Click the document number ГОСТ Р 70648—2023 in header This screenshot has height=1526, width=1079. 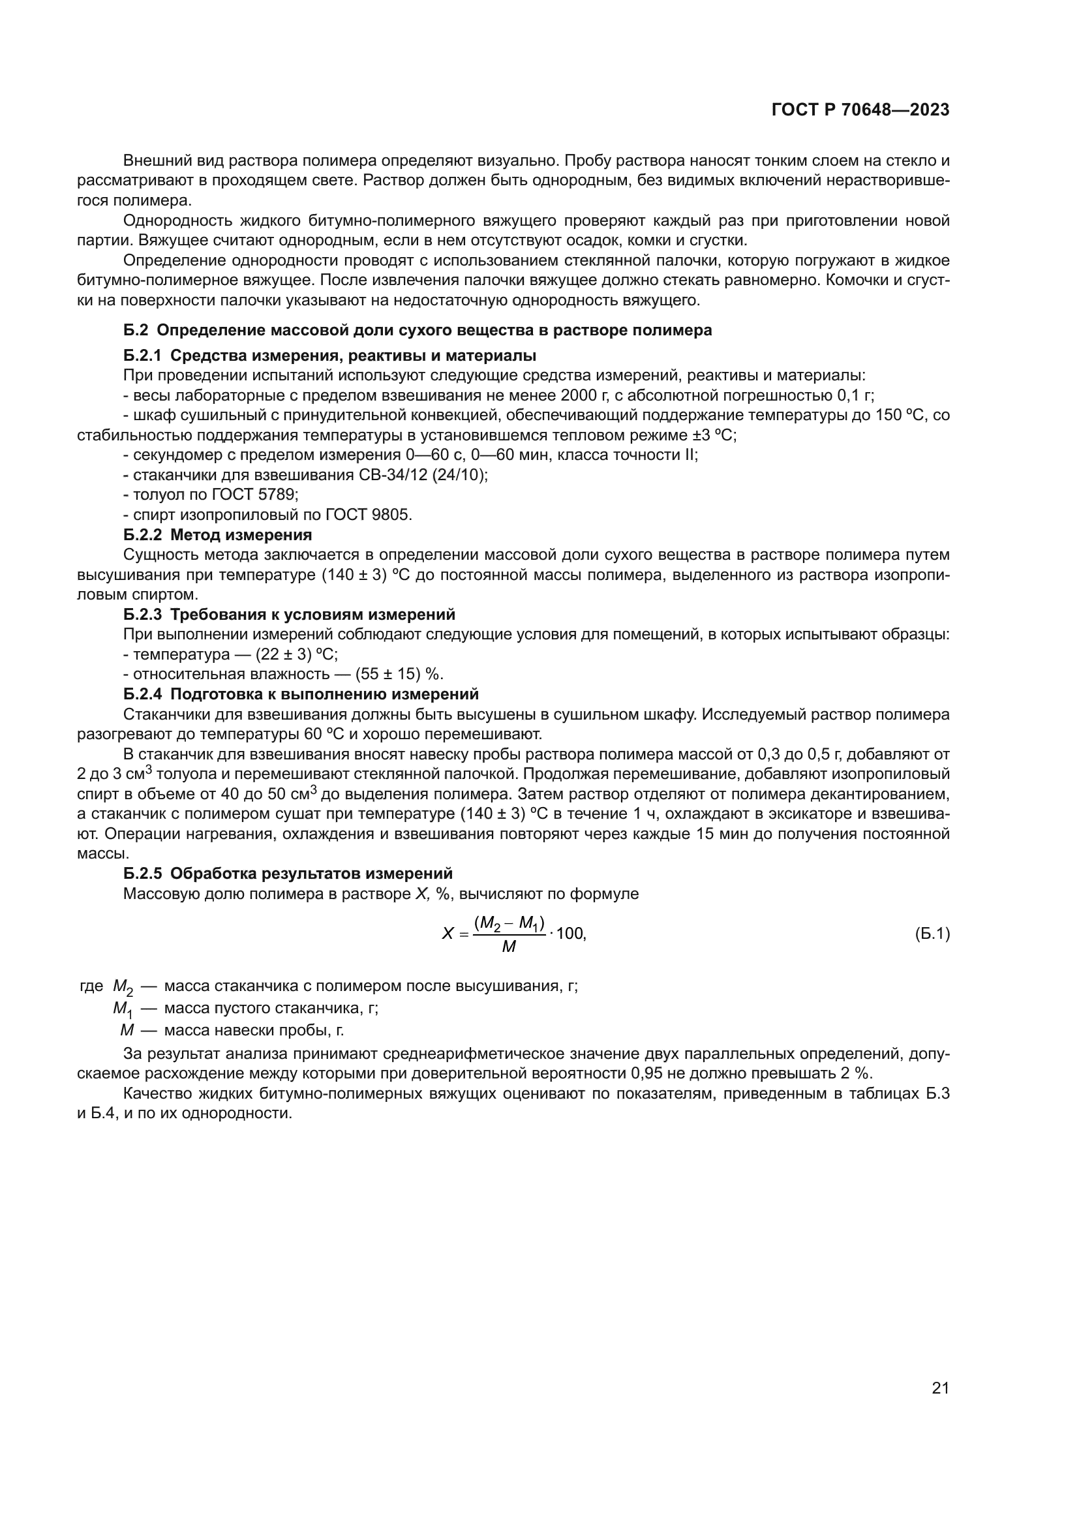point(860,110)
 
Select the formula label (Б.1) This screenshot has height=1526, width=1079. point(932,934)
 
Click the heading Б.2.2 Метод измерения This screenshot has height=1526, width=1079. point(217,535)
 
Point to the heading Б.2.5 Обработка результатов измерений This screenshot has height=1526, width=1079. point(288,874)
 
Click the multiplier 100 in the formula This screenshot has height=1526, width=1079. point(570,934)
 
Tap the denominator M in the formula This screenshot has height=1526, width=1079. point(509,947)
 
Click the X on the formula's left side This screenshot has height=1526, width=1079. point(448,934)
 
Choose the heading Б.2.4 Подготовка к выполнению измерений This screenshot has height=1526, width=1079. point(300,695)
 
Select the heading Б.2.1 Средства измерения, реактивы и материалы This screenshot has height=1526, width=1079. point(329,356)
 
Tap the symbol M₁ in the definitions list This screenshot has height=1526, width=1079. point(122,1009)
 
